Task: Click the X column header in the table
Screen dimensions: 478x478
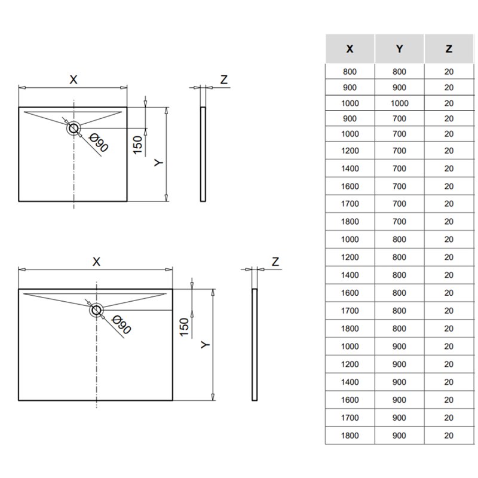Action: tap(350, 49)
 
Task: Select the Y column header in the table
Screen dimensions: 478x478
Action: tap(399, 49)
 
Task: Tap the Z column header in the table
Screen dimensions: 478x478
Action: tap(449, 49)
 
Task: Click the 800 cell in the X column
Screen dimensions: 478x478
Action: tap(350, 72)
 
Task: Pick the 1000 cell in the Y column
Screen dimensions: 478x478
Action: tap(399, 103)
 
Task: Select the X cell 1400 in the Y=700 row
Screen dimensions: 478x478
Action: tap(350, 169)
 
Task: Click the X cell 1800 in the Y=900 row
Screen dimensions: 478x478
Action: tap(350, 436)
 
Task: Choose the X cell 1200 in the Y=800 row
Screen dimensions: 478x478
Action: tap(350, 257)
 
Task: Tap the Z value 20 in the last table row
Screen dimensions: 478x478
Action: tap(449, 436)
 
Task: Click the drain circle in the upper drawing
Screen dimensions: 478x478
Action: tap(74, 127)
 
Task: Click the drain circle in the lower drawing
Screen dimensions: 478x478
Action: tap(97, 310)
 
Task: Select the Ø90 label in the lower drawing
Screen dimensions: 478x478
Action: tap(121, 325)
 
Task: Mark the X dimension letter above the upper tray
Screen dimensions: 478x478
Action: tap(73, 79)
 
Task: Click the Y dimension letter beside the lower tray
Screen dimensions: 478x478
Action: tap(205, 345)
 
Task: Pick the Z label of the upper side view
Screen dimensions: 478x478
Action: tap(223, 79)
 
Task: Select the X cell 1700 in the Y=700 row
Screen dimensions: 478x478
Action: tap(350, 204)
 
